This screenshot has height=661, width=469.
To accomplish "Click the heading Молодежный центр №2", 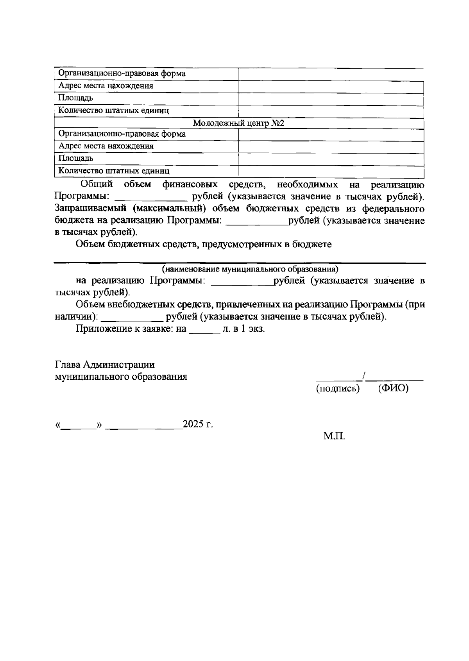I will click(x=238, y=123).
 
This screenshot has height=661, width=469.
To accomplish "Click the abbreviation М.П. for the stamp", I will click(x=334, y=436).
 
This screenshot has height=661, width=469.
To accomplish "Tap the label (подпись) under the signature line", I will click(x=337, y=389).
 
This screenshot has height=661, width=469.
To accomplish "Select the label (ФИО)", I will click(x=393, y=389).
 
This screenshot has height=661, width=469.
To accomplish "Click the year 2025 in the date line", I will click(x=193, y=424).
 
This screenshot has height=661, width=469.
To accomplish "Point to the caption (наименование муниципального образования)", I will click(x=250, y=269).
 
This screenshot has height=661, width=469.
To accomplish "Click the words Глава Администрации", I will click(x=105, y=364).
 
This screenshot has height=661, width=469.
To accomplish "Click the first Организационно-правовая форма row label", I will click(x=122, y=73).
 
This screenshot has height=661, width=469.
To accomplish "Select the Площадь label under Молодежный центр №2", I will click(x=76, y=158).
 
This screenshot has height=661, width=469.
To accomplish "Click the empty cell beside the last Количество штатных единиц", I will click(x=331, y=171).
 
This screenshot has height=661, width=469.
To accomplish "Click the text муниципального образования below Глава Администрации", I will click(x=121, y=377).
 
